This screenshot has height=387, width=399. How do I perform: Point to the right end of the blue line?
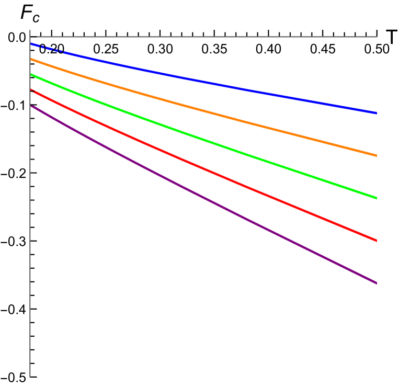pos(377,113)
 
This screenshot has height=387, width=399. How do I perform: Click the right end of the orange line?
pos(377,155)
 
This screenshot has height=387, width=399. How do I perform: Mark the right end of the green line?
pos(377,198)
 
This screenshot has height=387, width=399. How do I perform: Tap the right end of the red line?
pos(377,241)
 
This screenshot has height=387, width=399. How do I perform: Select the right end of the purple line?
pos(377,283)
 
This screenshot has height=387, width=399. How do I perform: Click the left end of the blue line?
pos(31,44)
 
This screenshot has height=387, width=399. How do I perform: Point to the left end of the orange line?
pos(31,60)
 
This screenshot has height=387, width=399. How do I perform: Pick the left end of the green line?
pos(31,75)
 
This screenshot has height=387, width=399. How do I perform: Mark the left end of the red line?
pos(31,90)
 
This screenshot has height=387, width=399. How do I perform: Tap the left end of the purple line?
pos(31,106)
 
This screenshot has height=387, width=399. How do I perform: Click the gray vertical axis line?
pos(30,209)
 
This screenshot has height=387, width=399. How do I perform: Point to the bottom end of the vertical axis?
pos(30,376)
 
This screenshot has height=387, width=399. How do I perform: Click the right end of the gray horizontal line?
pos(377,37)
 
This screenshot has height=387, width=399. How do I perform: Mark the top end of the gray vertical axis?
pos(30,30)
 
